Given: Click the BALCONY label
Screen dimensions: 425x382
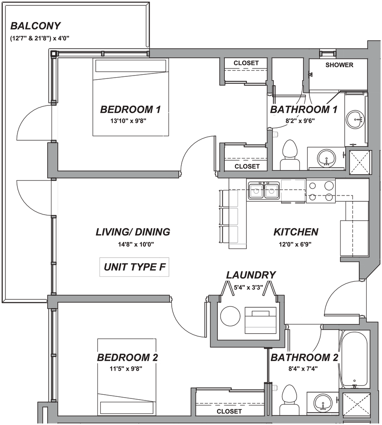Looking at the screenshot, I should [x=35, y=27].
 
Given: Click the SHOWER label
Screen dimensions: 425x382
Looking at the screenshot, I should [x=339, y=65].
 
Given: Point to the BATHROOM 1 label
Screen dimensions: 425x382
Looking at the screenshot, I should [x=304, y=110].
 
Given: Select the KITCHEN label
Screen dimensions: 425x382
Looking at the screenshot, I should [x=296, y=232].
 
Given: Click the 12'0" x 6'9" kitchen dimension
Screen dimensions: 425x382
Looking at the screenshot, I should [x=296, y=245].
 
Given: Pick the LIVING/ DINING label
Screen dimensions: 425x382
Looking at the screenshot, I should [x=133, y=232].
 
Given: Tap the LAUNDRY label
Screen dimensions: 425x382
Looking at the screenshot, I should [x=251, y=275].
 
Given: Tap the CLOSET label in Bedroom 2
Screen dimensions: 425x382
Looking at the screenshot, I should [x=229, y=411].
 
